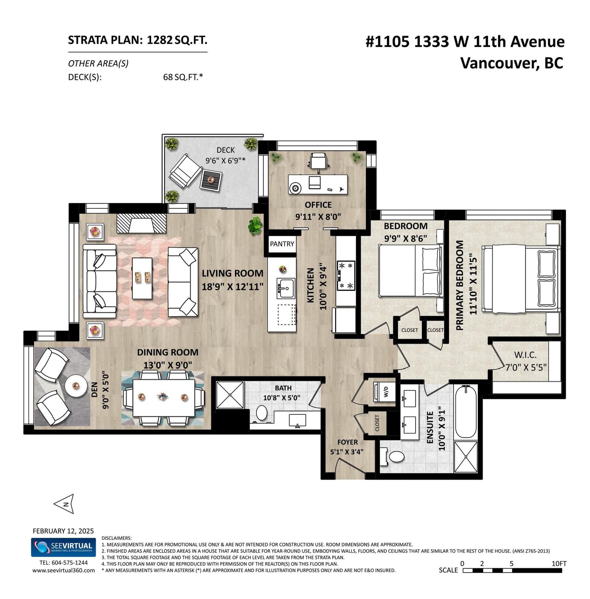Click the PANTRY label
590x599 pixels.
coord(282,244)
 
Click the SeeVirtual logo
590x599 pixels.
coord(63,547)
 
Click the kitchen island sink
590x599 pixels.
coord(286,288)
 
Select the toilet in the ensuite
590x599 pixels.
coord(393,457)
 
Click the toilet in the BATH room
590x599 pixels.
coord(261,413)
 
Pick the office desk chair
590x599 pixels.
coord(319,161)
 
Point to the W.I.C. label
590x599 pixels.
coord(525,355)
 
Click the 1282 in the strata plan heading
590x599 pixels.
coord(160,40)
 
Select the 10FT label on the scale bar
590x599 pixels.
coord(559,564)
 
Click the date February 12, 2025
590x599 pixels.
coord(63,531)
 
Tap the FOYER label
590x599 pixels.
coord(347,442)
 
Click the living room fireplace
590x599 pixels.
coord(141,223)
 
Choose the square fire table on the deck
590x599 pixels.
coord(211,180)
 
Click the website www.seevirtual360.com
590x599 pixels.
coord(63,570)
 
